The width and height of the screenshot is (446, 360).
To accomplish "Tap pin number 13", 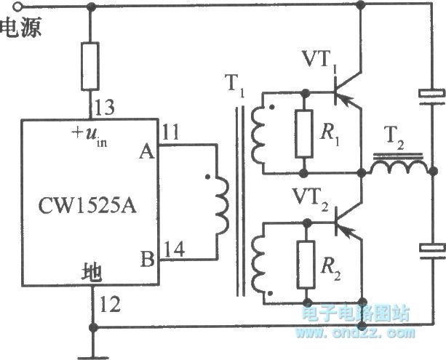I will coord(105,109).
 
